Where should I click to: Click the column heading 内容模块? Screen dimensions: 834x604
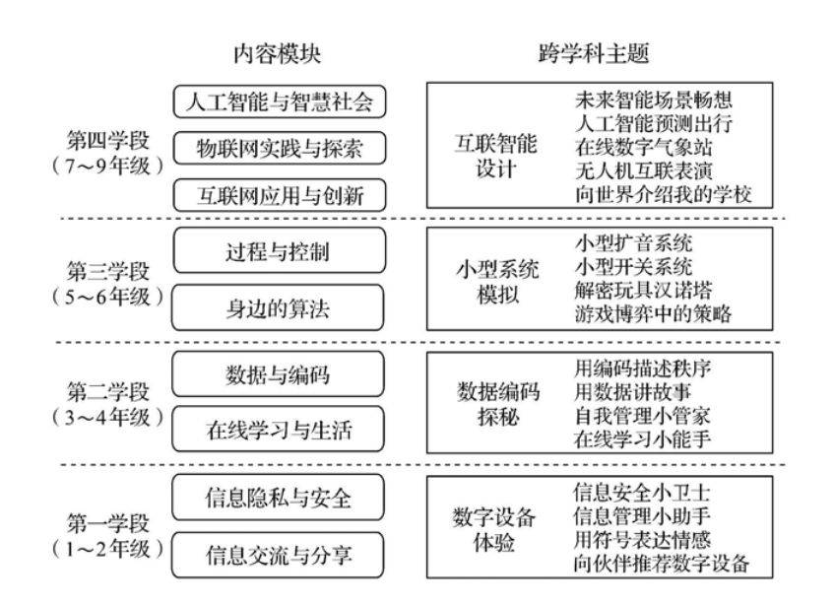277,54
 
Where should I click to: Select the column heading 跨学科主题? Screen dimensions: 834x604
594,53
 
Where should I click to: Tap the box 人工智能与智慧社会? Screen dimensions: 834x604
280,101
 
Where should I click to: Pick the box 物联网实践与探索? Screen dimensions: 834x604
280,149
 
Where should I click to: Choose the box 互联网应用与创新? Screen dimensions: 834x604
280,195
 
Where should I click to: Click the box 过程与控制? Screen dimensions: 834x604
280,250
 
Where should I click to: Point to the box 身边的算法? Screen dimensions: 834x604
279,307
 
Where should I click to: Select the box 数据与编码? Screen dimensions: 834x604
279,374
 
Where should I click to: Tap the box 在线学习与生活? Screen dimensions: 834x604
279,430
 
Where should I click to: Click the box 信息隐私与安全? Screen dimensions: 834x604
279,498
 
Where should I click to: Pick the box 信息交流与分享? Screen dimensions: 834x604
279,555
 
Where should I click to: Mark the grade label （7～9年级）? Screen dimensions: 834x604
108,166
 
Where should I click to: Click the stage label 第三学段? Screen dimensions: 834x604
108,271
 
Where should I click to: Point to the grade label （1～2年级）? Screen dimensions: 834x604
108,548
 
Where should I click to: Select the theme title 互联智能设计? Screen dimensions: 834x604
495,157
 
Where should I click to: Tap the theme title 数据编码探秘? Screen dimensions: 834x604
498,404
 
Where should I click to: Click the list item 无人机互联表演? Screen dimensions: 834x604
644,170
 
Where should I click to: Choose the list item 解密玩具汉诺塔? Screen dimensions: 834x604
644,290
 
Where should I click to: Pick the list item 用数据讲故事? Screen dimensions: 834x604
633,392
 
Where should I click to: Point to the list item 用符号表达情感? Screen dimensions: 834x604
643,540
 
